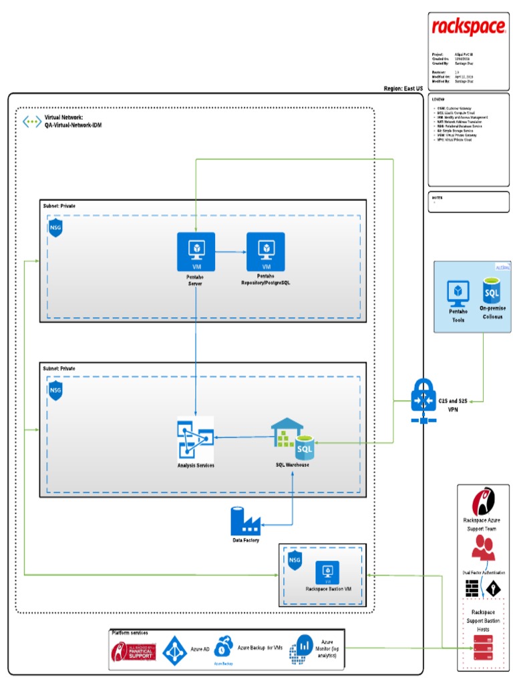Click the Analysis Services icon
pyautogui.click(x=195, y=438)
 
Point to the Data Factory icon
pyautogui.click(x=244, y=521)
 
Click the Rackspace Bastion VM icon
pyautogui.click(x=327, y=572)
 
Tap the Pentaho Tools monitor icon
pyautogui.click(x=458, y=293)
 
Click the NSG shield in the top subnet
pyautogui.click(x=55, y=229)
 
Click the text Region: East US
pyautogui.click(x=403, y=88)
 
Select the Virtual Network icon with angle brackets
pyautogui.click(x=31, y=121)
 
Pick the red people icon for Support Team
pyautogui.click(x=483, y=548)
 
